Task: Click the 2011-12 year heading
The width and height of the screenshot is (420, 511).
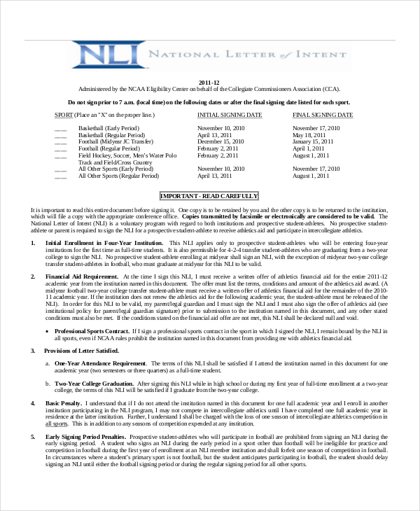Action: (x=209, y=83)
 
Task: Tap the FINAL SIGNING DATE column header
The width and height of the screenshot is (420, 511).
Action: (x=323, y=114)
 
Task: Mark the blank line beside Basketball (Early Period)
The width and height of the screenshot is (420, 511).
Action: (x=61, y=129)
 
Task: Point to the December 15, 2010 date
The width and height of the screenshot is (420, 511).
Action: (x=221, y=142)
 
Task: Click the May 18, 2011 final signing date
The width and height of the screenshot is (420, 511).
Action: (x=309, y=135)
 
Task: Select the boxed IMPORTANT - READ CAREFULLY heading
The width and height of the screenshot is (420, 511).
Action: (x=209, y=196)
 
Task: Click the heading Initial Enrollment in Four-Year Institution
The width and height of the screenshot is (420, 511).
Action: (x=104, y=243)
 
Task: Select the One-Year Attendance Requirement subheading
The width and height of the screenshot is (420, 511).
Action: (x=101, y=363)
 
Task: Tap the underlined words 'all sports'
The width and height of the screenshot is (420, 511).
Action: (x=57, y=423)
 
